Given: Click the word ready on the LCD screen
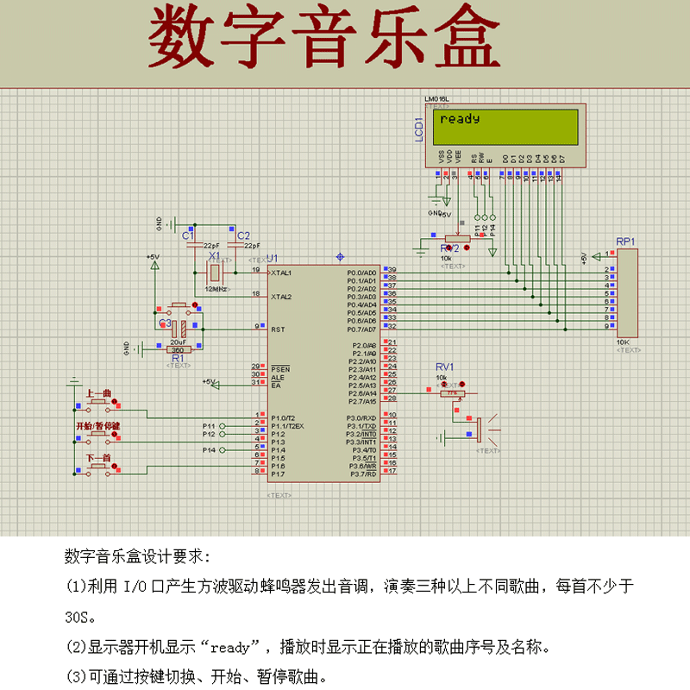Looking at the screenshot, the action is (460, 119).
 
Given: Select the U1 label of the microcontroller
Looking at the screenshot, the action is (273, 258).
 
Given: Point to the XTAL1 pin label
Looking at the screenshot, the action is (281, 273).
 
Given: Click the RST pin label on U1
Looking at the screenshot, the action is (277, 329).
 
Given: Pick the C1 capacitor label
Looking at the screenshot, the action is (188, 235).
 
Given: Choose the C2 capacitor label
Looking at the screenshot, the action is (243, 235).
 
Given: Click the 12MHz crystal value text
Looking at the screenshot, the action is (216, 289).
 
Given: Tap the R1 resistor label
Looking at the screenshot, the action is (178, 357).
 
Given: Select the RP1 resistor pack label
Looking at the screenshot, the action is (625, 241).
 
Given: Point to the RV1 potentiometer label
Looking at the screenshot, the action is (444, 367).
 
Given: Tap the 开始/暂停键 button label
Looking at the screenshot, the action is (98, 426).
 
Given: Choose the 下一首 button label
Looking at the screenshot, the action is (99, 456).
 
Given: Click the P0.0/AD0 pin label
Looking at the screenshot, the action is (361, 273).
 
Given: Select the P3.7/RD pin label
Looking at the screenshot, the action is (363, 474).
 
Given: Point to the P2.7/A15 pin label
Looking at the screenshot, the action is (362, 401).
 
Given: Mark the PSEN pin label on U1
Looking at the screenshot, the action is (279, 368).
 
